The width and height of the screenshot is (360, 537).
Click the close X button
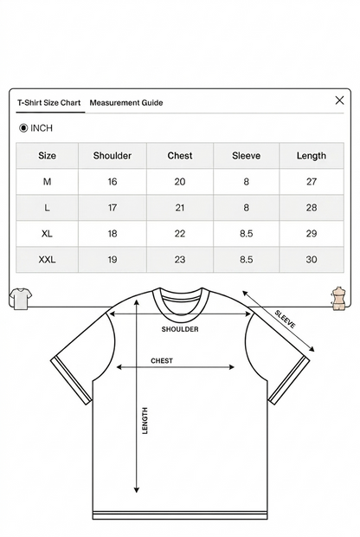tap(339, 100)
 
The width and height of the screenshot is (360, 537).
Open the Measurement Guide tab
tap(126, 103)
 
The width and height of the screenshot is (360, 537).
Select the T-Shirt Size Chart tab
tap(49, 103)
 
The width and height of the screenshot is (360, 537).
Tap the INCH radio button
tap(23, 128)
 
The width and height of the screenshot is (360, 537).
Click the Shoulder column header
tap(112, 156)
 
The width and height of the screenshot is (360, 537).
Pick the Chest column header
tap(180, 156)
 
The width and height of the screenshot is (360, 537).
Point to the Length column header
tap(312, 156)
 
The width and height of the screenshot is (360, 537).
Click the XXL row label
tap(47, 260)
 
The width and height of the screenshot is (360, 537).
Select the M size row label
tap(47, 182)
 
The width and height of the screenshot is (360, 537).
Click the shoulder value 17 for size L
tap(112, 208)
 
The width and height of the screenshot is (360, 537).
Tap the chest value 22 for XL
tap(180, 234)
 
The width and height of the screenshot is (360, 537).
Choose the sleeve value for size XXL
tap(247, 260)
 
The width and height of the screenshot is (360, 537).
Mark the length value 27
tap(312, 182)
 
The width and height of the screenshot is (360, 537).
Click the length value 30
tap(312, 260)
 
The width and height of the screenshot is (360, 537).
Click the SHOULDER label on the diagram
tap(180, 329)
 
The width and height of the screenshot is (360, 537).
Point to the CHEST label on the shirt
tap(162, 360)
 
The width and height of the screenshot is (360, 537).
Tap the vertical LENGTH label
tap(145, 421)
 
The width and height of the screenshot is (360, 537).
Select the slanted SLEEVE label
tap(285, 320)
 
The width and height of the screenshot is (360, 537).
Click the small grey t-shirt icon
tap(21, 299)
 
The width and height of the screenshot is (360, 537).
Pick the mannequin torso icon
tap(338, 298)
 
